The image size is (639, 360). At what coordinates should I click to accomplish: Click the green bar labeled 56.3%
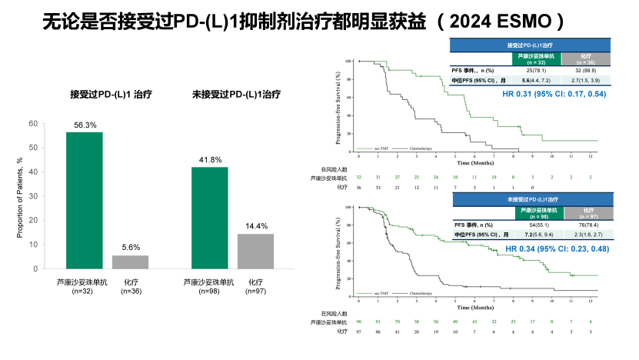click(x=84, y=200)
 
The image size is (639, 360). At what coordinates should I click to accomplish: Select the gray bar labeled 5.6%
click(x=130, y=262)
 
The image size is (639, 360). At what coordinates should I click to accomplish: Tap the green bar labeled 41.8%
click(x=209, y=218)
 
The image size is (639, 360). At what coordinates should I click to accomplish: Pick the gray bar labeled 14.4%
click(x=255, y=251)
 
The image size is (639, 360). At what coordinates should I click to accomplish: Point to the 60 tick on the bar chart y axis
click(x=32, y=124)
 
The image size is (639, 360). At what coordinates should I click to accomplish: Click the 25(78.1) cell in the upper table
click(x=536, y=70)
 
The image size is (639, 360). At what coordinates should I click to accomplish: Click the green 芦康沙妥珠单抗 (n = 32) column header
click(x=536, y=58)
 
